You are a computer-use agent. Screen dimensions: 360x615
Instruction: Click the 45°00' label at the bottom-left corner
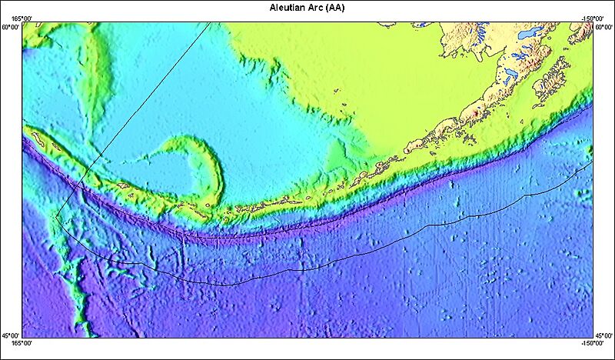(x=10, y=335)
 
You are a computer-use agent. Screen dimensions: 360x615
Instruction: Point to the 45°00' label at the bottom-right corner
(x=604, y=335)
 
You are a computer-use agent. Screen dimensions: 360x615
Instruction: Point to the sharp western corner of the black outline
(x=56, y=216)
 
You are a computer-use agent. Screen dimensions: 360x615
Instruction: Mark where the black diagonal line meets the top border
(x=211, y=22)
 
